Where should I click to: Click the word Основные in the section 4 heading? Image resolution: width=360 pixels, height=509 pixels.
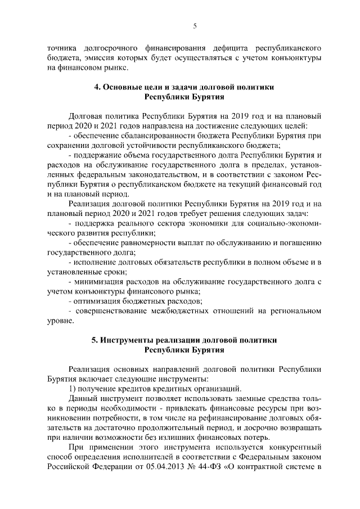click(123, 87)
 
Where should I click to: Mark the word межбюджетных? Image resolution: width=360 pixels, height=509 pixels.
click(183, 311)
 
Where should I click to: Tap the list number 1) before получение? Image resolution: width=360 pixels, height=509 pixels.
click(71, 389)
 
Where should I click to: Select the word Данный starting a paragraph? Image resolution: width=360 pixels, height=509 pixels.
click(82, 399)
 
